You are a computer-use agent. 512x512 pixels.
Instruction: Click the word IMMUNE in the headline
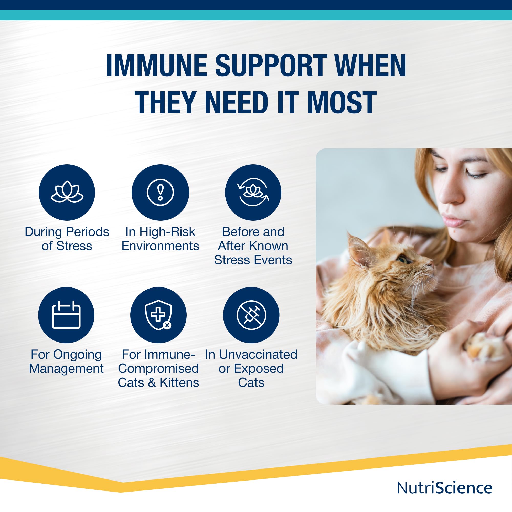(x=156, y=66)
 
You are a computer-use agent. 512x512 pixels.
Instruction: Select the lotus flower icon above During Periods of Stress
(x=67, y=192)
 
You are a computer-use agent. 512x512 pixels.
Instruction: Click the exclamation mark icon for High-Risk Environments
(x=160, y=192)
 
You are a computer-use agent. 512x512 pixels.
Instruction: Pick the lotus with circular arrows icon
(x=253, y=192)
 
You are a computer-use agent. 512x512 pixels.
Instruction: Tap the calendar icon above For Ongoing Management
(x=66, y=315)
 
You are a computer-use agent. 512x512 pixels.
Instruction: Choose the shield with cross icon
(x=158, y=315)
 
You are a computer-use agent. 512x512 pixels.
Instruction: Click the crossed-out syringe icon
(x=251, y=315)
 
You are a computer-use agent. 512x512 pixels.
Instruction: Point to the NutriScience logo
(x=445, y=488)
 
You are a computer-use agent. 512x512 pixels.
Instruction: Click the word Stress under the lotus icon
(x=74, y=246)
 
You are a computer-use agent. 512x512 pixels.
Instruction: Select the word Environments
(x=160, y=246)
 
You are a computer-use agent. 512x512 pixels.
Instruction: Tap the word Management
(x=66, y=369)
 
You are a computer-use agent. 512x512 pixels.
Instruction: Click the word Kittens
(x=179, y=383)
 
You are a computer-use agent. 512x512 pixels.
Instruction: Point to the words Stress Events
(x=253, y=260)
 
